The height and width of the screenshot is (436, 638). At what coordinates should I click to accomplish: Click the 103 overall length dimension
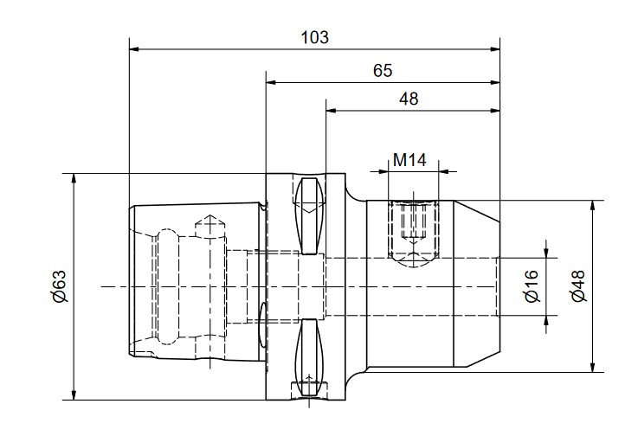tap(314, 37)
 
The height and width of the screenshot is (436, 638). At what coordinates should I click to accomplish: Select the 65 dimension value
tap(383, 71)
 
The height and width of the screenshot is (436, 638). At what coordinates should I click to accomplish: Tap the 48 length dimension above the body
tap(409, 99)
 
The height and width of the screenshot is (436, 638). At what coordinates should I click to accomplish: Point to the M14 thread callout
tap(409, 160)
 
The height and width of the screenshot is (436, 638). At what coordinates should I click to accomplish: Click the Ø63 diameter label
tap(60, 286)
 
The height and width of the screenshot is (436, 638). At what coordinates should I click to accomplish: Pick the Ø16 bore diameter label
tap(532, 286)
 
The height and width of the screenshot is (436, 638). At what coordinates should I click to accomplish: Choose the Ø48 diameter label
tap(578, 285)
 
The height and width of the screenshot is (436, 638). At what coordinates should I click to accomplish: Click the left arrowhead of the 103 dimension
tap(134, 49)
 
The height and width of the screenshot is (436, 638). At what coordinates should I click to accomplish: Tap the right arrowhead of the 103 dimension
tap(495, 49)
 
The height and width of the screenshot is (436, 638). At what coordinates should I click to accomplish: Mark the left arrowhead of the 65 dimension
tap(271, 82)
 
